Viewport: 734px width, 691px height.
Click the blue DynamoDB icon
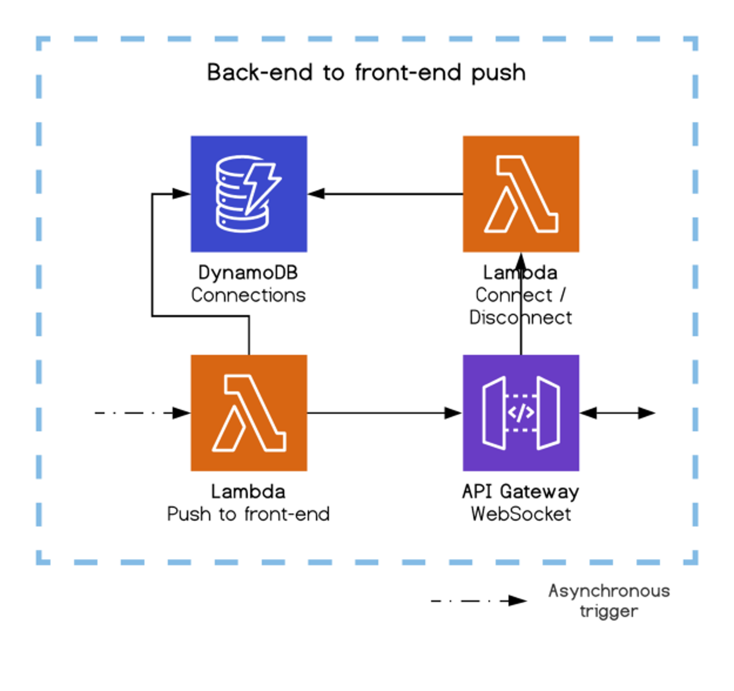pyautogui.click(x=249, y=194)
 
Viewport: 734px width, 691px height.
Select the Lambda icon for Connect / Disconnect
pyautogui.click(x=521, y=194)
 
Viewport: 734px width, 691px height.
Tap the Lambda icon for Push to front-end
pyautogui.click(x=249, y=413)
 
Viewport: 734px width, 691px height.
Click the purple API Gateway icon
pyautogui.click(x=521, y=413)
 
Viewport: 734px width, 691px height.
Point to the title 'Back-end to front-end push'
pyautogui.click(x=366, y=73)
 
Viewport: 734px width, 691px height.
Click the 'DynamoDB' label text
pyautogui.click(x=248, y=273)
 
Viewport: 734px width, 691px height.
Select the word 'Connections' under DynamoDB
pyautogui.click(x=248, y=295)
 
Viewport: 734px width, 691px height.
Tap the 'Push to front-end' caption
pyautogui.click(x=248, y=514)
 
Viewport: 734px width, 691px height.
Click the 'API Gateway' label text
pyautogui.click(x=521, y=492)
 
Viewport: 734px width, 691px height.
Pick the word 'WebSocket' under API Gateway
pyautogui.click(x=521, y=514)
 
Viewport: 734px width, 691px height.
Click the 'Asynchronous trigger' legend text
pyautogui.click(x=609, y=601)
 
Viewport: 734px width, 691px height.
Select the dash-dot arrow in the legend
pyautogui.click(x=479, y=601)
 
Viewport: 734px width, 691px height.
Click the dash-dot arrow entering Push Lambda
pyautogui.click(x=143, y=413)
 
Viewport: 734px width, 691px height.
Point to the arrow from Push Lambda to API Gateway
pyautogui.click(x=385, y=413)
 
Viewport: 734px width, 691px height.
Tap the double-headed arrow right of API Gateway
pyautogui.click(x=618, y=413)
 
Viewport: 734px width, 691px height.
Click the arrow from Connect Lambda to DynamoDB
pyautogui.click(x=385, y=194)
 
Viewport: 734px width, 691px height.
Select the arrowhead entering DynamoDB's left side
pyautogui.click(x=181, y=194)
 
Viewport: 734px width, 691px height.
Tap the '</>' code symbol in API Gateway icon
pyautogui.click(x=521, y=413)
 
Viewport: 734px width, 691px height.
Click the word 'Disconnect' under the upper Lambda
pyautogui.click(x=521, y=318)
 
